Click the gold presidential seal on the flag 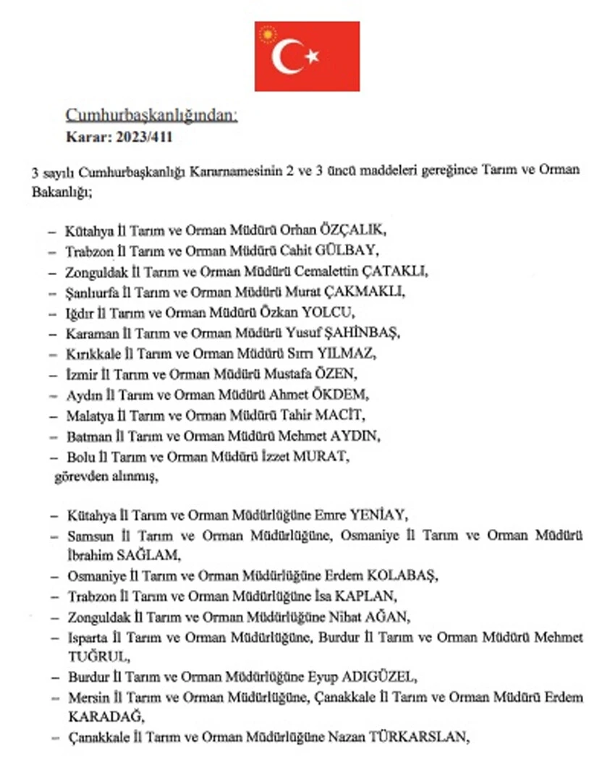coord(268,34)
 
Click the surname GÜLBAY coord(349,251)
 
